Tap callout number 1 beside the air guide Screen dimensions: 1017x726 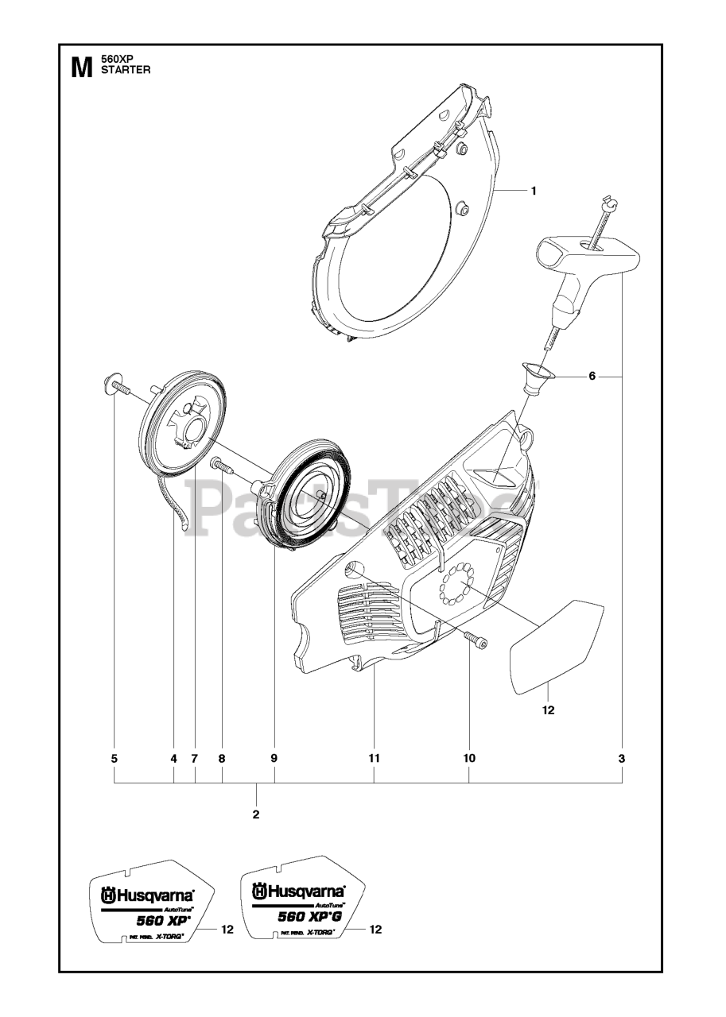(534, 168)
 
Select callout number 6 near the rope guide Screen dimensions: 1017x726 (592, 377)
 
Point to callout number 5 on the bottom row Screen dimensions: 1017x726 (115, 759)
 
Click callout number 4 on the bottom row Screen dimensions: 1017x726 (173, 759)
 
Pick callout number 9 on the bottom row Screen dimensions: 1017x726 (274, 759)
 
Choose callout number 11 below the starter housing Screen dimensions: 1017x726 (374, 759)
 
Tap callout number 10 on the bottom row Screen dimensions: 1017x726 (469, 759)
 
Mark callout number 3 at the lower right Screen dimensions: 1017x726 (622, 759)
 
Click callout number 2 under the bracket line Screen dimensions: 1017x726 (256, 814)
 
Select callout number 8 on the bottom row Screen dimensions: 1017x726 (222, 759)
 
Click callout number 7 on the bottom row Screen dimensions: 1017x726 (194, 759)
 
